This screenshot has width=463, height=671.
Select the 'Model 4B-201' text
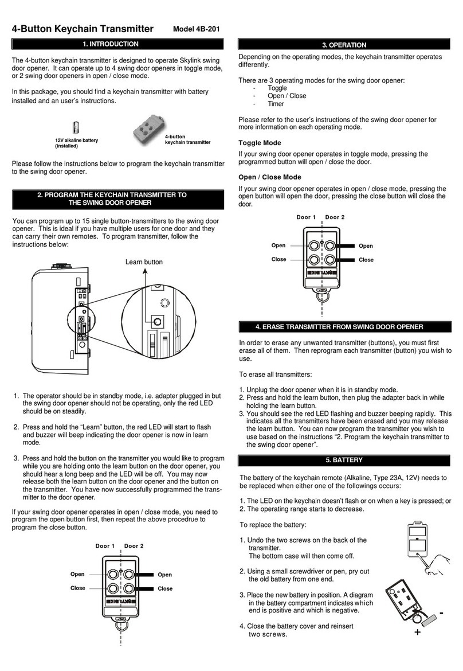pyautogui.click(x=197, y=30)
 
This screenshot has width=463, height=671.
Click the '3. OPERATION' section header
pyautogui.click(x=345, y=45)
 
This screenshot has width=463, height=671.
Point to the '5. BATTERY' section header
pyautogui.click(x=345, y=460)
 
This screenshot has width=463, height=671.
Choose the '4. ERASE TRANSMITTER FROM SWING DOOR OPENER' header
pyautogui.click(x=345, y=327)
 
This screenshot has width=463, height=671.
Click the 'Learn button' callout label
pyautogui.click(x=143, y=262)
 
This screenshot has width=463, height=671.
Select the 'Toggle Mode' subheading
pyautogui.click(x=260, y=143)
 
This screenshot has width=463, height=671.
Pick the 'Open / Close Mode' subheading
pyautogui.click(x=269, y=177)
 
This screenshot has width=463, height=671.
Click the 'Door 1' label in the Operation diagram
pyautogui.click(x=307, y=217)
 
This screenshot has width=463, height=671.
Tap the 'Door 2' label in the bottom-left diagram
pyautogui.click(x=134, y=546)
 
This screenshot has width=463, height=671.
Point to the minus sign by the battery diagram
pyautogui.click(x=442, y=613)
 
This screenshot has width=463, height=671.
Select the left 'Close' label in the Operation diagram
pyautogui.click(x=278, y=259)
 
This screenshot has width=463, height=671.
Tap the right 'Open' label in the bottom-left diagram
pyautogui.click(x=164, y=575)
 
